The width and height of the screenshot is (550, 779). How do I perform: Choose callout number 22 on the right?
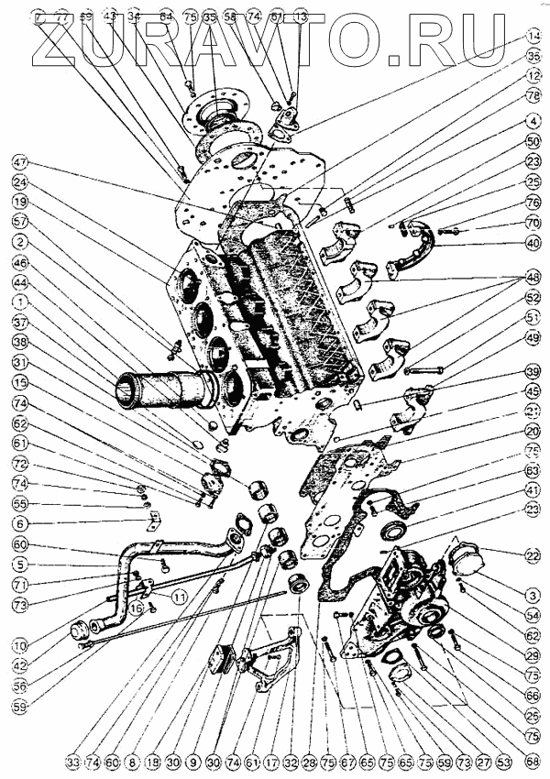pyautogui.click(x=531, y=554)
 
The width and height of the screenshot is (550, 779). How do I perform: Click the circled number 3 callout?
pyautogui.click(x=531, y=595)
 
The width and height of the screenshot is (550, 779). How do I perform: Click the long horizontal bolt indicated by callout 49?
pyautogui.click(x=423, y=370)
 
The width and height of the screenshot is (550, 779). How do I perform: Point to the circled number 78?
pyautogui.click(x=531, y=95)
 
